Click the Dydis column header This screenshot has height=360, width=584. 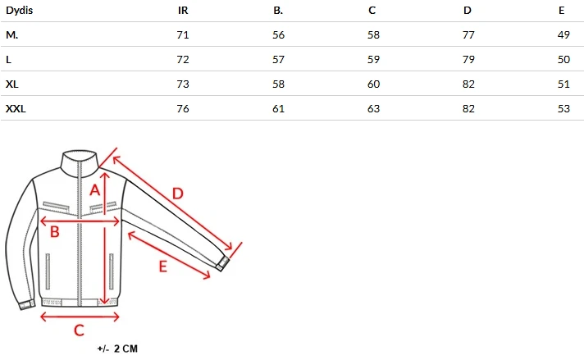tap(20, 11)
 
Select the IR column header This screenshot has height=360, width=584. tap(183, 11)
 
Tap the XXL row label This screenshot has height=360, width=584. tap(16, 109)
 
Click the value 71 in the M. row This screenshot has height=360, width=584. tap(183, 35)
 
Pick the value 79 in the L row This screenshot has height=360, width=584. tap(468, 60)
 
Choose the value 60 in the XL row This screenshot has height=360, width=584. tap(373, 84)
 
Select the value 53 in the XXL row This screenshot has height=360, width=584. tap(563, 109)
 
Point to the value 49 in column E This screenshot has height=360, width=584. tap(563, 35)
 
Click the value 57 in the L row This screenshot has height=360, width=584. tap(278, 60)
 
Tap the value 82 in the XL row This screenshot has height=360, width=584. tap(468, 84)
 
